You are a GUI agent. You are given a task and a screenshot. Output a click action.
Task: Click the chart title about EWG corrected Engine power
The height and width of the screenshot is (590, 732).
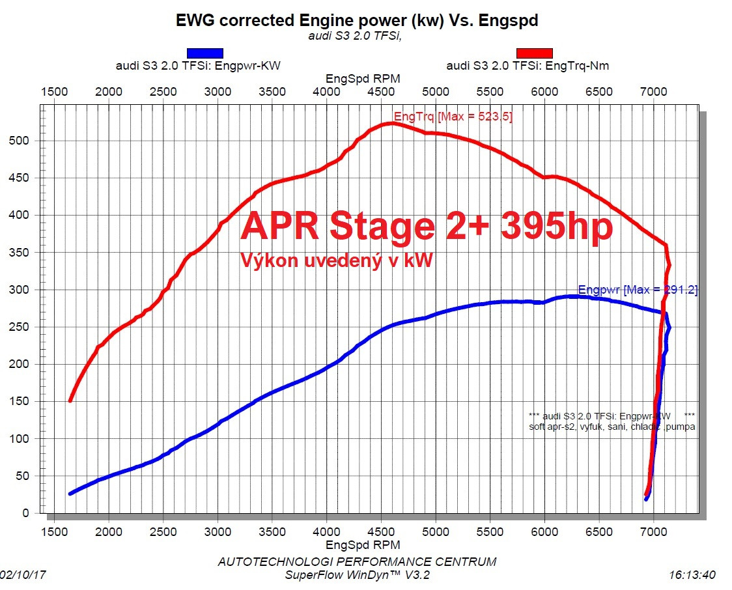tap(357, 20)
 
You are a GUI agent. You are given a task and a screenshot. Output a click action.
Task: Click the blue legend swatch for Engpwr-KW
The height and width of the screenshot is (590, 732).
tap(205, 53)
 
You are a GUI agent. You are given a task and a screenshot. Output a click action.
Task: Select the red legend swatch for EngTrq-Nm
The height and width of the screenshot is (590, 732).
tap(534, 53)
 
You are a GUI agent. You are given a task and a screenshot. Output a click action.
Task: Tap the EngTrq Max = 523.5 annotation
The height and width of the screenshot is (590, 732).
tap(453, 117)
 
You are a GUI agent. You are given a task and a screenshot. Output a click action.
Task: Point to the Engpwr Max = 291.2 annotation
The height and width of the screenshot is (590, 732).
tap(638, 290)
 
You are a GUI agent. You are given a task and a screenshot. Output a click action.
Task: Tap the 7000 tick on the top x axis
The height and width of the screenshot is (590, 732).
tap(654, 92)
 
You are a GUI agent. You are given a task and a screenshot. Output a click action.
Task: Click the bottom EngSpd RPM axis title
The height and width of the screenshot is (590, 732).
tap(363, 544)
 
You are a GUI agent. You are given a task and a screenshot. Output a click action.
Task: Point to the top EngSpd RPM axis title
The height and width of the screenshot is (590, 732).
tap(363, 78)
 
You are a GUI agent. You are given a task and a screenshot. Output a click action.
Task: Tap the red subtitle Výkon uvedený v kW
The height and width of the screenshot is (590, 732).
tap(337, 260)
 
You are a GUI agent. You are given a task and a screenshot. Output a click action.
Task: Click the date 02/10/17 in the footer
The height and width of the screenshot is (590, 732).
tap(23, 575)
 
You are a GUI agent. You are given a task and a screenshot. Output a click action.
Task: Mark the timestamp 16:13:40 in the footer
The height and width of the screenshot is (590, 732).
tap(692, 575)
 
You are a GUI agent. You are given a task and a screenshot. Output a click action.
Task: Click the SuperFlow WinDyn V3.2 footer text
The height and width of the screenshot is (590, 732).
tap(357, 575)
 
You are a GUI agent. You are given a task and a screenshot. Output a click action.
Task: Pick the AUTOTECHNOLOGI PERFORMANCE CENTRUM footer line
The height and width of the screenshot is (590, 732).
tap(357, 561)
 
